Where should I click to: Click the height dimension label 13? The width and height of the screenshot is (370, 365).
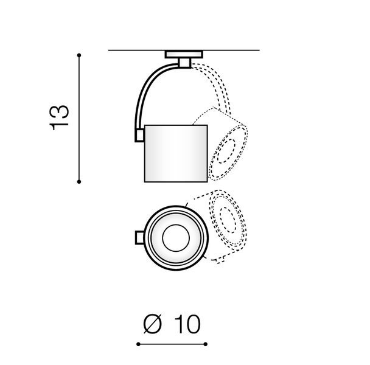59,118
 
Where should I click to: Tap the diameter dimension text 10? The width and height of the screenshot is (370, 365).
187,324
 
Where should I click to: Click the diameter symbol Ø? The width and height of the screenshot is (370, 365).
152,324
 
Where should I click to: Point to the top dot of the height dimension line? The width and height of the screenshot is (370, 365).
79,55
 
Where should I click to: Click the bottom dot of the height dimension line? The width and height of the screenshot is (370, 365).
79,182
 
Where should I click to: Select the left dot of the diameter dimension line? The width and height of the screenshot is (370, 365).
138,344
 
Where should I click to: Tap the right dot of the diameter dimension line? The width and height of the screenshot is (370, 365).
205,344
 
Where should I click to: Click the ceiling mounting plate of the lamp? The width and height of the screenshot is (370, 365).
184,54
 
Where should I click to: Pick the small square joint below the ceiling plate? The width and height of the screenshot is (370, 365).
184,63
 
